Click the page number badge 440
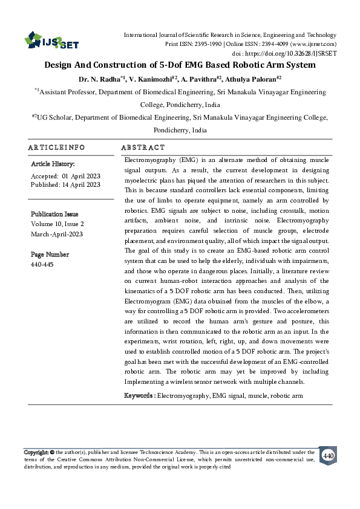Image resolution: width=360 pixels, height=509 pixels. point(328,456)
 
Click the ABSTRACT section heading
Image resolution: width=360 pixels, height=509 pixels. point(143,148)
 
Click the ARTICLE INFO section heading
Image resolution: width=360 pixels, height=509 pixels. point(56,148)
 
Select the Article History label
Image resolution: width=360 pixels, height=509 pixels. point(53,164)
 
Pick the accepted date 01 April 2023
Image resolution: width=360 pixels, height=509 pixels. point(81,175)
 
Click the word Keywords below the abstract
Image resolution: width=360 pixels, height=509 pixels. point(139,395)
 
